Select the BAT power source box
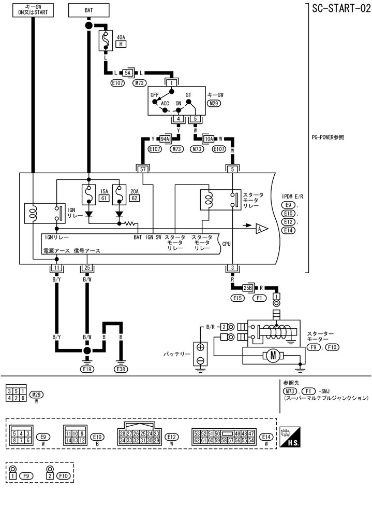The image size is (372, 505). coord(88,10)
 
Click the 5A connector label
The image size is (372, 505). coord(128,73)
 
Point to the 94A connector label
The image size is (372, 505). coord(165,139)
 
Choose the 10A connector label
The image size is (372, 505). coord(209,139)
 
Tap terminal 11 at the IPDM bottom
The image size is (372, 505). coord(56,268)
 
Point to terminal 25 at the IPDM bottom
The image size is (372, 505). coord(87,268)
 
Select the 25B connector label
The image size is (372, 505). coord(247,287)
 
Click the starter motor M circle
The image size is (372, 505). coord(273,356)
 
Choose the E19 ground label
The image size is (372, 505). coord(86,369)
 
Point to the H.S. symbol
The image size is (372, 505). coord(288,438)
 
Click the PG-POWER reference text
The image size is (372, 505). coord(327,138)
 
